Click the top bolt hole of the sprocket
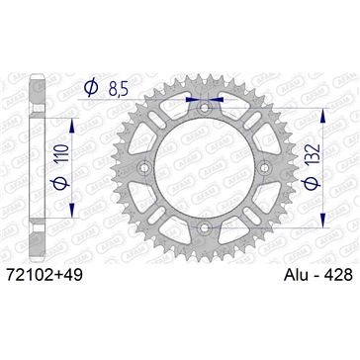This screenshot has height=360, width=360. pos(204,107)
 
